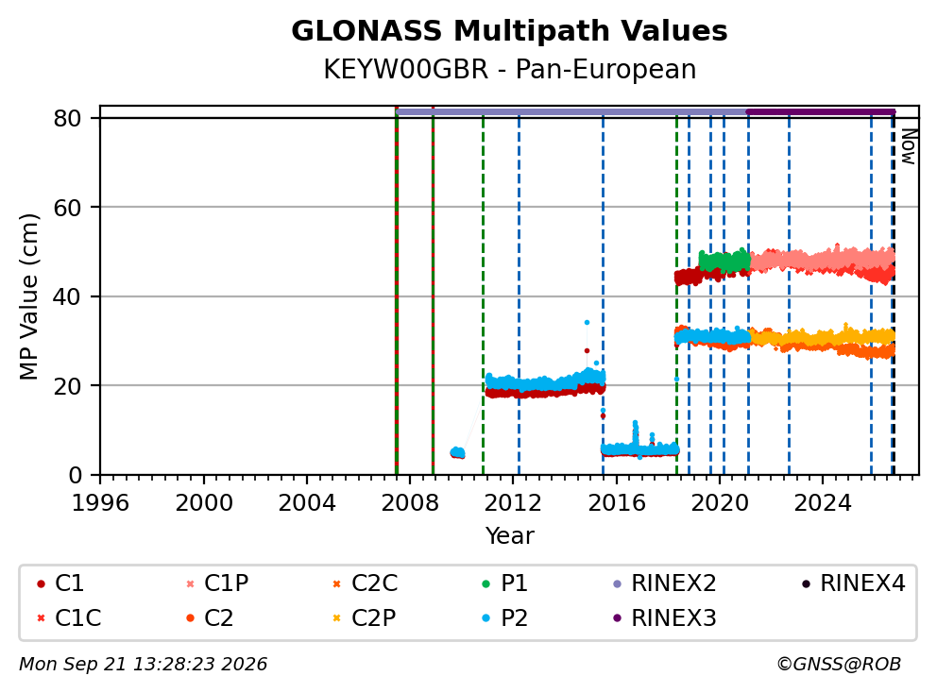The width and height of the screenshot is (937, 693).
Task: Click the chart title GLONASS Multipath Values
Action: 509,31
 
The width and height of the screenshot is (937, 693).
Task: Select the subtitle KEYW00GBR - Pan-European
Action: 509,69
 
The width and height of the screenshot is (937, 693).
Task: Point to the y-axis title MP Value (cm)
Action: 28,296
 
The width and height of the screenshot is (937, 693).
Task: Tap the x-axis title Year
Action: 509,536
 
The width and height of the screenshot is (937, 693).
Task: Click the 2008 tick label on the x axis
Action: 410,503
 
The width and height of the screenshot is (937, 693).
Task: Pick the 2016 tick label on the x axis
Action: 616,503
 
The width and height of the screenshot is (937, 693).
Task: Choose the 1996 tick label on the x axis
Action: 100,503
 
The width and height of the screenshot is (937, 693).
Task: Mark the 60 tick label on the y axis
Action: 67,208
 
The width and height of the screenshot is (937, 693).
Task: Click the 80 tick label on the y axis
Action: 67,118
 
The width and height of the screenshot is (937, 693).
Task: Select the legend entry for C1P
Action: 218,583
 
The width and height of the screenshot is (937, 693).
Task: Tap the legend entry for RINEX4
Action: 853,583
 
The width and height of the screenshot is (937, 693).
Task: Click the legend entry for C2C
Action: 365,583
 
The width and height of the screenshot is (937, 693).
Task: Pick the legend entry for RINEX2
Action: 665,583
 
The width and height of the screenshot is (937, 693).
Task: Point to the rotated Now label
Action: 909,147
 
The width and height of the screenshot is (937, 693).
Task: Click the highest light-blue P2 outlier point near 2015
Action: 587,323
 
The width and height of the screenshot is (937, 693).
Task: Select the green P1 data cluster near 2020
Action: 724,261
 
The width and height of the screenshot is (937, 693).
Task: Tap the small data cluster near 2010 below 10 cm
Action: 457,453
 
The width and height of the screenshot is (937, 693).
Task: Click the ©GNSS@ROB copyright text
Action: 839,665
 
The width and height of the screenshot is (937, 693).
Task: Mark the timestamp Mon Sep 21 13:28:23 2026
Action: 144,665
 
